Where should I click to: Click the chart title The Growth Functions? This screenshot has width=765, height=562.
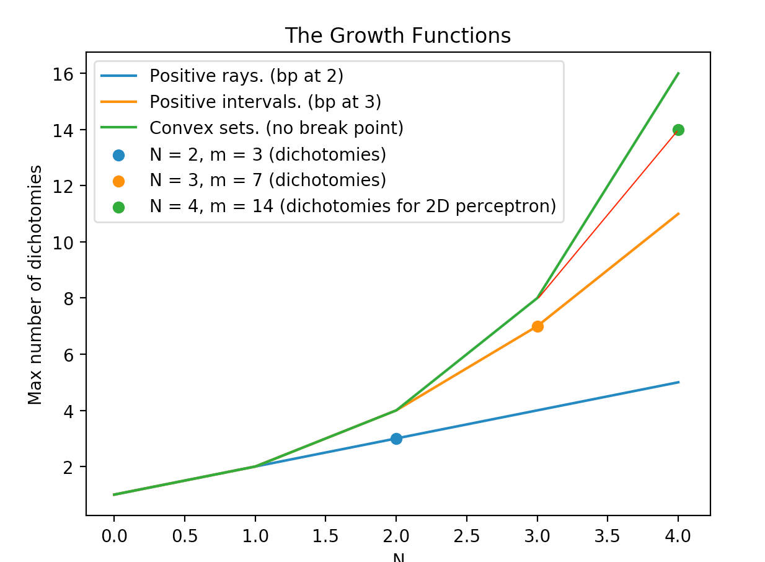click(397, 36)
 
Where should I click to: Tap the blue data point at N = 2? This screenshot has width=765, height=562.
click(396, 439)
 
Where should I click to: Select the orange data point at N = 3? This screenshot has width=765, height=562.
click(537, 326)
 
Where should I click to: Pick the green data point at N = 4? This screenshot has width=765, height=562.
click(678, 130)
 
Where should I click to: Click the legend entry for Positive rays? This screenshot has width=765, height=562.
click(246, 76)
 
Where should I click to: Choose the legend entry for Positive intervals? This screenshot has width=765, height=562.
click(265, 102)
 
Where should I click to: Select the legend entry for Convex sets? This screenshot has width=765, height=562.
click(276, 128)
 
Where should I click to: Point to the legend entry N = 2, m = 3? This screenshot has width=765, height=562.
click(268, 154)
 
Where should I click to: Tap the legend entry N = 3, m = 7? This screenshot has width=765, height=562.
click(268, 181)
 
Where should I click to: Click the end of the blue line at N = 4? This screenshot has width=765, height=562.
click(678, 382)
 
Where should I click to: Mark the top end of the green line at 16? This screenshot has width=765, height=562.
click(678, 73)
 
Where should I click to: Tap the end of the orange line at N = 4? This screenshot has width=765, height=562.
click(678, 213)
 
